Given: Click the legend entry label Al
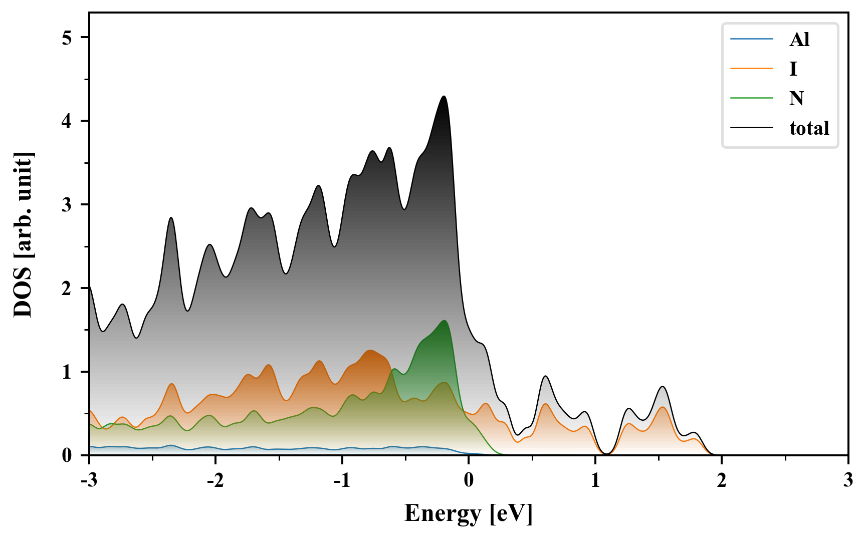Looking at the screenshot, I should tap(799, 39).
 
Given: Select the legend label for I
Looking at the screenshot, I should tap(793, 69).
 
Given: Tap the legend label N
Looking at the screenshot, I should tap(796, 98).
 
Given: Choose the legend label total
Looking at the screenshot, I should tap(809, 128).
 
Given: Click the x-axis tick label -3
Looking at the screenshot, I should tap(89, 480).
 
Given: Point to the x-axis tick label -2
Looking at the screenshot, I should tap(215, 480).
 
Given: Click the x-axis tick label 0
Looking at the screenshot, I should tap(469, 480).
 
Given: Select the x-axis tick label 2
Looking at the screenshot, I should tap(722, 480).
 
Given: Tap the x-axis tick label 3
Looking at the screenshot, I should tap(848, 480).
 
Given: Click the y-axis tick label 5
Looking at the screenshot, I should tap(68, 38).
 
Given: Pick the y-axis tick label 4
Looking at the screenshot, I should tap(68, 121).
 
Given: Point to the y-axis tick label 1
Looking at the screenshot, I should tap(68, 372).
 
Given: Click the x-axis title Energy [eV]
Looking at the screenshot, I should tap(469, 513).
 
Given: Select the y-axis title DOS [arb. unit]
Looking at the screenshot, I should tap(23, 234).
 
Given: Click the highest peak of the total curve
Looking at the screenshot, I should tap(444, 96).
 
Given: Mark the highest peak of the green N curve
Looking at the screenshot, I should tap(444, 321).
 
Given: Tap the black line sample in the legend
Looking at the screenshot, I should tap(751, 128).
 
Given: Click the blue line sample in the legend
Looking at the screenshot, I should tap(751, 39).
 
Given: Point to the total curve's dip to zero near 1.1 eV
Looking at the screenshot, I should tap(606, 454).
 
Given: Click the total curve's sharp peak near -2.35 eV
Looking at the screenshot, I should tap(171, 217).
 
